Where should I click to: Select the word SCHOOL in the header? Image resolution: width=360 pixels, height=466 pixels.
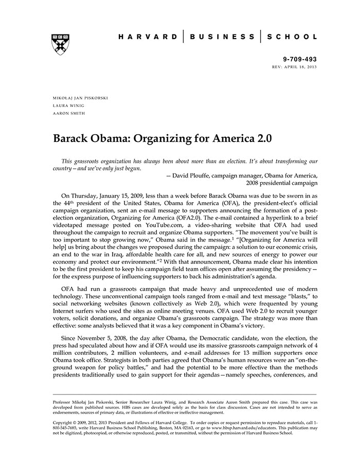tap(292, 37)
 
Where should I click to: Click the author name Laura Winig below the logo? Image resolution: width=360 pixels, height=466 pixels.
tap(69, 105)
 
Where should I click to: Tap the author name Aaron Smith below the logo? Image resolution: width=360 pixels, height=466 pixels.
tap(69, 113)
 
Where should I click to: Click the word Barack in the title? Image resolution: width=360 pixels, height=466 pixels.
tap(73, 139)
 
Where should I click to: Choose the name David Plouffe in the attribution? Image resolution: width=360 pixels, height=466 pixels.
tap(193, 175)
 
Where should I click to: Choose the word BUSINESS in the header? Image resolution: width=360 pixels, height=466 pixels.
tap(223, 37)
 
